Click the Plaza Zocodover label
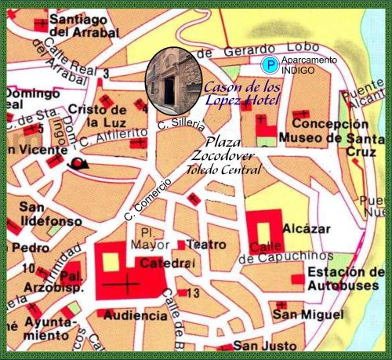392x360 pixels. click(228, 149)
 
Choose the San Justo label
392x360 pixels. click(263, 346)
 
